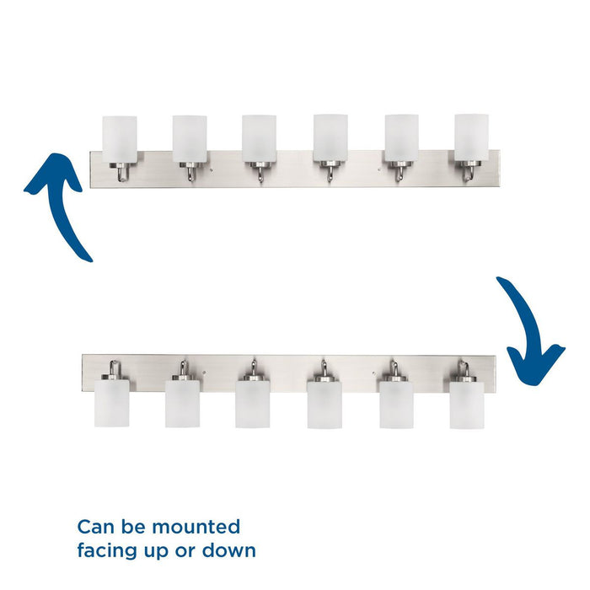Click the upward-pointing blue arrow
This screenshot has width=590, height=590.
pos(62,203)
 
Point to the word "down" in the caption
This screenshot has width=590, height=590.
pos(229,551)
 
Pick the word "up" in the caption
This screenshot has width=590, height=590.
pos(156,553)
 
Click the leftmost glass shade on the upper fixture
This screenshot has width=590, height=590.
pos(120,139)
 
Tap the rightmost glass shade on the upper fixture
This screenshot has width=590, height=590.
pos(471,137)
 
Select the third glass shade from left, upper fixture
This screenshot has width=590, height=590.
pos(259,138)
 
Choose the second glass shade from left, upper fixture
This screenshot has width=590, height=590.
pos(190,139)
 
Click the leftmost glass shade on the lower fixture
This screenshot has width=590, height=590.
pos(112,403)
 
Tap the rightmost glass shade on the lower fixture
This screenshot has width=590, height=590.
pos(467,405)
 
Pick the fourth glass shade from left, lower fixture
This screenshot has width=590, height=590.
pos(324,405)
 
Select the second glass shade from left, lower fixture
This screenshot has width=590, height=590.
pos(183,404)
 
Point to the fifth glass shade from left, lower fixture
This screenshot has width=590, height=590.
pos(397,405)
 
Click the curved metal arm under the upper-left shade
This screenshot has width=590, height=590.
pos(122,174)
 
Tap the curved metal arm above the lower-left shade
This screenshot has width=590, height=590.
pos(114,368)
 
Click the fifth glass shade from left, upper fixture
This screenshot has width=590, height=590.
pos(401,138)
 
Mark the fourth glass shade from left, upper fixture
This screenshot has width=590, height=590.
pos(330,138)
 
